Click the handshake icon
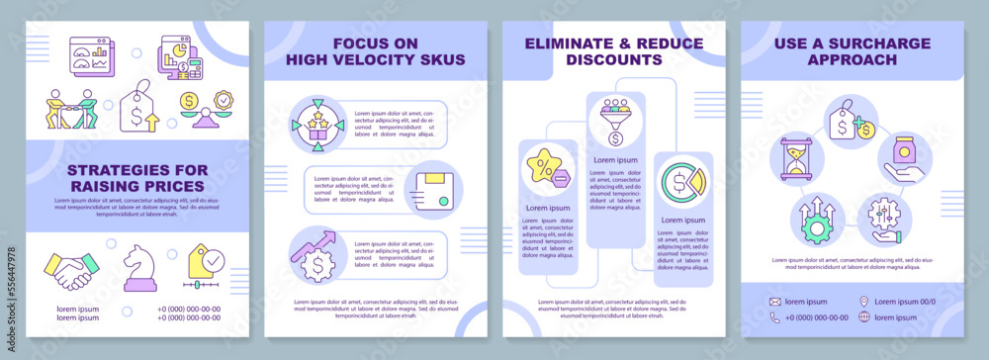tap(71, 270)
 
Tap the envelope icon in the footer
tap(775, 301)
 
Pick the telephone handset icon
tap(775, 317)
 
